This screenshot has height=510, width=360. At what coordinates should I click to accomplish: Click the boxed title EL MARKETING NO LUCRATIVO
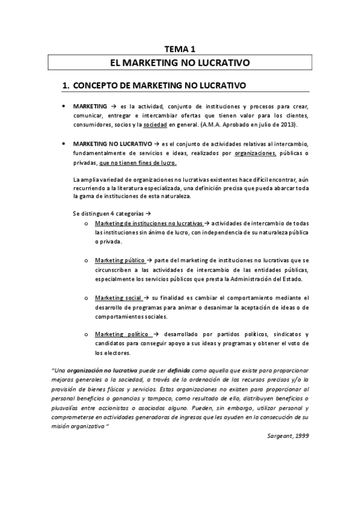(180, 62)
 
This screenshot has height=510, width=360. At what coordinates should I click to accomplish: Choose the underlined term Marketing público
(120, 260)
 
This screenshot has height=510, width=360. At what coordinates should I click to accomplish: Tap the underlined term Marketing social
(118, 298)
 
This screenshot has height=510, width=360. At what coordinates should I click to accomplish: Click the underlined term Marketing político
(120, 334)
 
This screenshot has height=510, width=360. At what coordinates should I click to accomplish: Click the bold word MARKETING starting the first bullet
(90, 105)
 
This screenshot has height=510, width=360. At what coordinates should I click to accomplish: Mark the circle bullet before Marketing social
(87, 298)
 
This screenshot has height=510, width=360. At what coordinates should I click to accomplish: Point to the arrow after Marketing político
(155, 334)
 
